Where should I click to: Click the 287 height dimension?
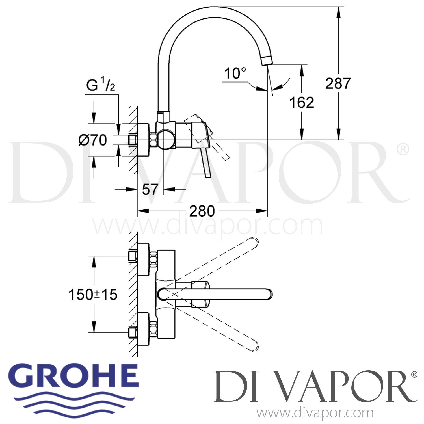pos(338,83)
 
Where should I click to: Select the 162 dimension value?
pos(302,102)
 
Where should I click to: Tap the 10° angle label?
pos(235,73)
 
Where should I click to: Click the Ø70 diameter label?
pos(93,140)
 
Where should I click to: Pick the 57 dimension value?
pos(150,189)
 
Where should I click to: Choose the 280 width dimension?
pos(202,211)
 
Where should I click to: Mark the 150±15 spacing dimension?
pos(93,295)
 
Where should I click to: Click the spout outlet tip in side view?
pos(267,60)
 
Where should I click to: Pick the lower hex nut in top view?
pos(153,329)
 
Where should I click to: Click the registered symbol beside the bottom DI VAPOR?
pos(414,375)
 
